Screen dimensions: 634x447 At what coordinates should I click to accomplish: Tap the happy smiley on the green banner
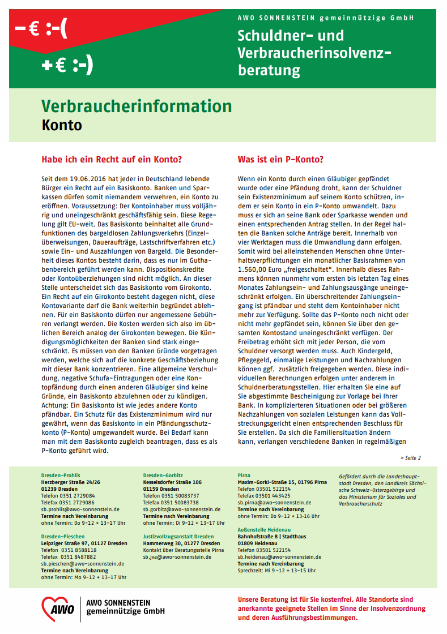82,66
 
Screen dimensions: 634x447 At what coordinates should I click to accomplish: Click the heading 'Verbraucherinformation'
137,106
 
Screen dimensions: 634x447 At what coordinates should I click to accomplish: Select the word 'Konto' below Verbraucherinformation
62,125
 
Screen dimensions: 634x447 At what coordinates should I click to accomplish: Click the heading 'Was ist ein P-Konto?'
280,160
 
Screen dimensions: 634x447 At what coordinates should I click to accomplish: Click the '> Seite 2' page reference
410,457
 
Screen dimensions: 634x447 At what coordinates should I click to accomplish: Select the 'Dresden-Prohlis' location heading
61,475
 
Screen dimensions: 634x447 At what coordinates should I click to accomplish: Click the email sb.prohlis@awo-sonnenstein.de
80,509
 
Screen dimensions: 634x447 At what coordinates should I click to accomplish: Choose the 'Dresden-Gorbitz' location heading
163,475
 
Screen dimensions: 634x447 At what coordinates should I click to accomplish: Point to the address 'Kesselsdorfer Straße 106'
172,482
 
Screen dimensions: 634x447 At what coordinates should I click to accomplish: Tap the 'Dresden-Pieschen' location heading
63,536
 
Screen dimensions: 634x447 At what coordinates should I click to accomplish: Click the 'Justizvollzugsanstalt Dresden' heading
178,536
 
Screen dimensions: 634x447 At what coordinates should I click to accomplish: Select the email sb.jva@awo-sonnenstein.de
177,556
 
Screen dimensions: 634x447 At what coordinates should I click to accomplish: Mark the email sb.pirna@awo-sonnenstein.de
274,502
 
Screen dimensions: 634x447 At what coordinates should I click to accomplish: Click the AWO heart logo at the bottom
58,609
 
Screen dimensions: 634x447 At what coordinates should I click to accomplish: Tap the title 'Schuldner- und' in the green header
291,36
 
